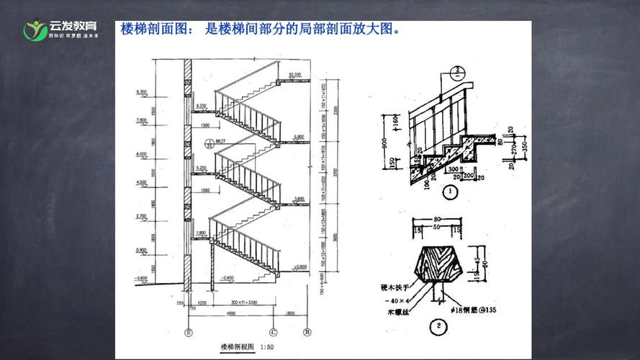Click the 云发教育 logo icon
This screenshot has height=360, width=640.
point(34,31)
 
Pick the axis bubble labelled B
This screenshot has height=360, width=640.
point(307,332)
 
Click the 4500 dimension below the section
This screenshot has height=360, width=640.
point(230,314)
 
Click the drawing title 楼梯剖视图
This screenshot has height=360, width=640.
point(236,346)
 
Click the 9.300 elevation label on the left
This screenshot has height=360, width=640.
point(140,92)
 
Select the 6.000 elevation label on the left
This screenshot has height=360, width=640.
point(140,155)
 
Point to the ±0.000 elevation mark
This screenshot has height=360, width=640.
point(300,266)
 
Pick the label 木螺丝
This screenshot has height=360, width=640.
point(395,312)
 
